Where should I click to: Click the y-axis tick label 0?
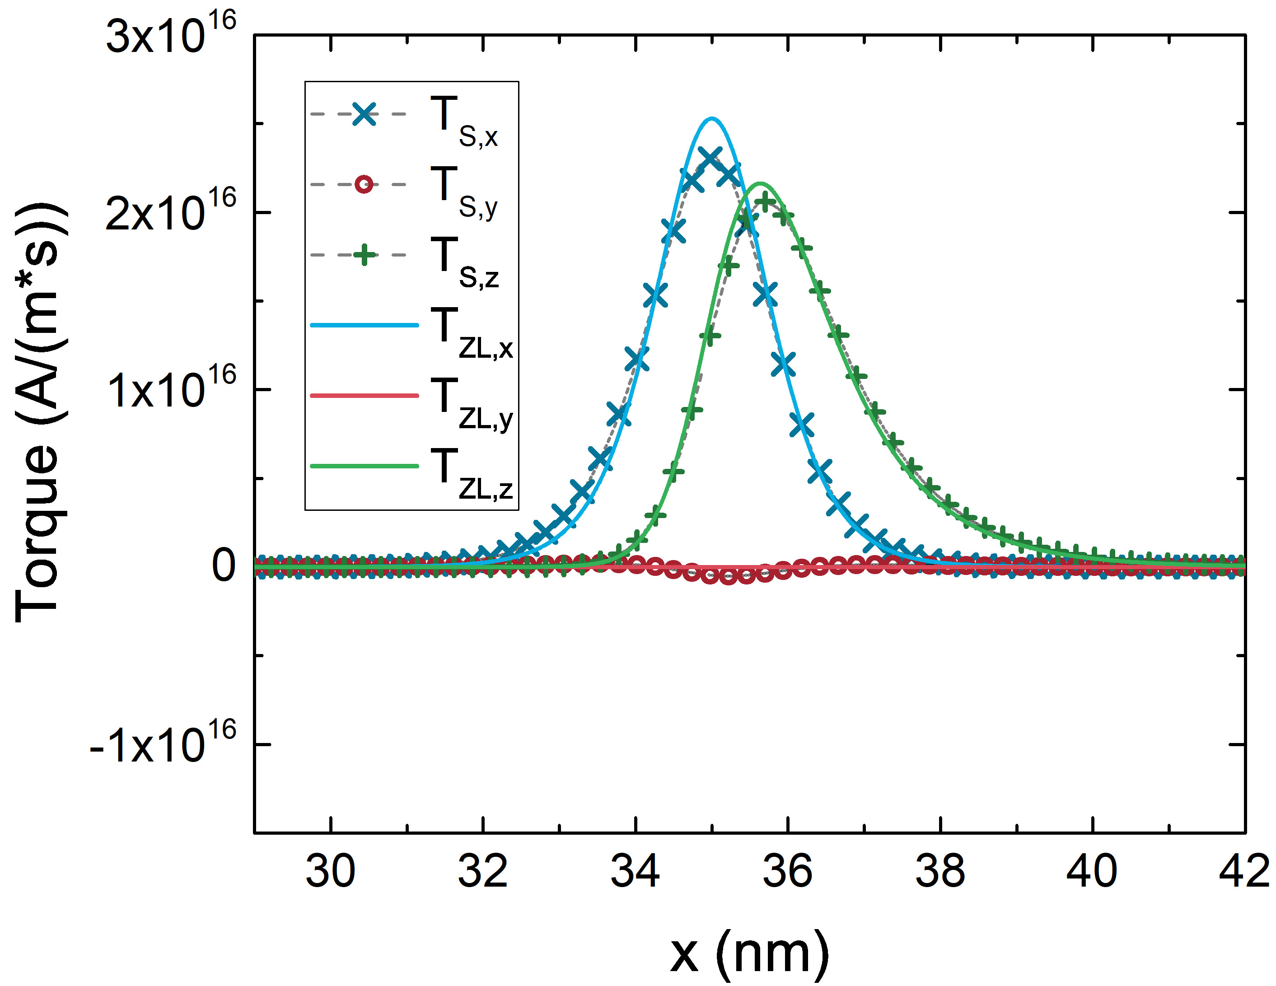[x=224, y=565]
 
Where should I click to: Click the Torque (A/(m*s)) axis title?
[x=38, y=412]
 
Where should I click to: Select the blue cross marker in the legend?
[x=364, y=114]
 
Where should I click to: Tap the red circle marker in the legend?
[x=364, y=185]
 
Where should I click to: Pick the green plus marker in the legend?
[x=364, y=255]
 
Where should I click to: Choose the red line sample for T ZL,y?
[x=364, y=396]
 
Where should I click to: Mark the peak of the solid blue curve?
[x=711, y=119]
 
